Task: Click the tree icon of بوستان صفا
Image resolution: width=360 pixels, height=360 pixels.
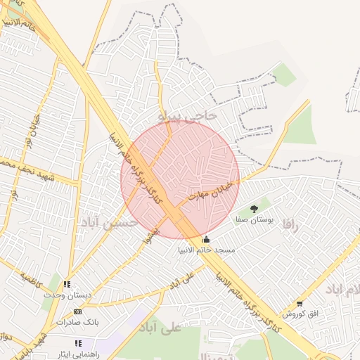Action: point(255,209)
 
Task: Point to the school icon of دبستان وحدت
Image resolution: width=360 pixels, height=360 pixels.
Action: point(67,285)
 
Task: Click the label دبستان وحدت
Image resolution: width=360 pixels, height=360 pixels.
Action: point(67,295)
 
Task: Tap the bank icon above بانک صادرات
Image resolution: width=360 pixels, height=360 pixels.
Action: point(77,311)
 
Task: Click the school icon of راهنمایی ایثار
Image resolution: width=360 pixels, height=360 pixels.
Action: point(78,343)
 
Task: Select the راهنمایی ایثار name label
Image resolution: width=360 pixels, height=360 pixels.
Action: point(79,354)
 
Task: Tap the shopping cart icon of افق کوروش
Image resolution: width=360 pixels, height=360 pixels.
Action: point(300,304)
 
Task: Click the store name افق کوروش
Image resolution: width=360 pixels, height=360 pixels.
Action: point(300,314)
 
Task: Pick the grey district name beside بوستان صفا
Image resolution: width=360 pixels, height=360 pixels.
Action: point(290,224)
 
